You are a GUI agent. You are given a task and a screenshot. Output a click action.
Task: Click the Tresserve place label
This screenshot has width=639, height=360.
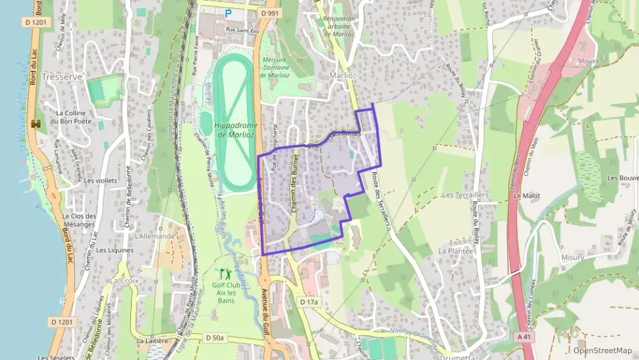[x=62, y=77]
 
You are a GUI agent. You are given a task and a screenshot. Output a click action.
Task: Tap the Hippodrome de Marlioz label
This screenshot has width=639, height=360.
[x=234, y=130]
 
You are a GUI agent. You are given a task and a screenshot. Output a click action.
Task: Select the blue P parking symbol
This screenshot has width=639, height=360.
[x=229, y=12]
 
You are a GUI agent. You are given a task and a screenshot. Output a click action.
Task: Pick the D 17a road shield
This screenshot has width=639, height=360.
[x=309, y=301]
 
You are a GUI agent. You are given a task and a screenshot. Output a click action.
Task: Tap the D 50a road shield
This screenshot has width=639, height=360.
[x=215, y=337]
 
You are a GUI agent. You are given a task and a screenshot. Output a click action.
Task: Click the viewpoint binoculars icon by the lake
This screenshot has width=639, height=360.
[x=36, y=124]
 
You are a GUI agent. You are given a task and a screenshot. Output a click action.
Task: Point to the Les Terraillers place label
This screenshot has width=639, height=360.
[x=465, y=195]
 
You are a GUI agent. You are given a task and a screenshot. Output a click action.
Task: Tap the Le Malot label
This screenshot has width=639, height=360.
[x=526, y=195]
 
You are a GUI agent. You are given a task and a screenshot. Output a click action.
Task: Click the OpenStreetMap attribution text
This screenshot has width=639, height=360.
[x=602, y=350]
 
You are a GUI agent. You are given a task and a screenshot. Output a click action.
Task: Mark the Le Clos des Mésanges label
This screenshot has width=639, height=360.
[x=79, y=220]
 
